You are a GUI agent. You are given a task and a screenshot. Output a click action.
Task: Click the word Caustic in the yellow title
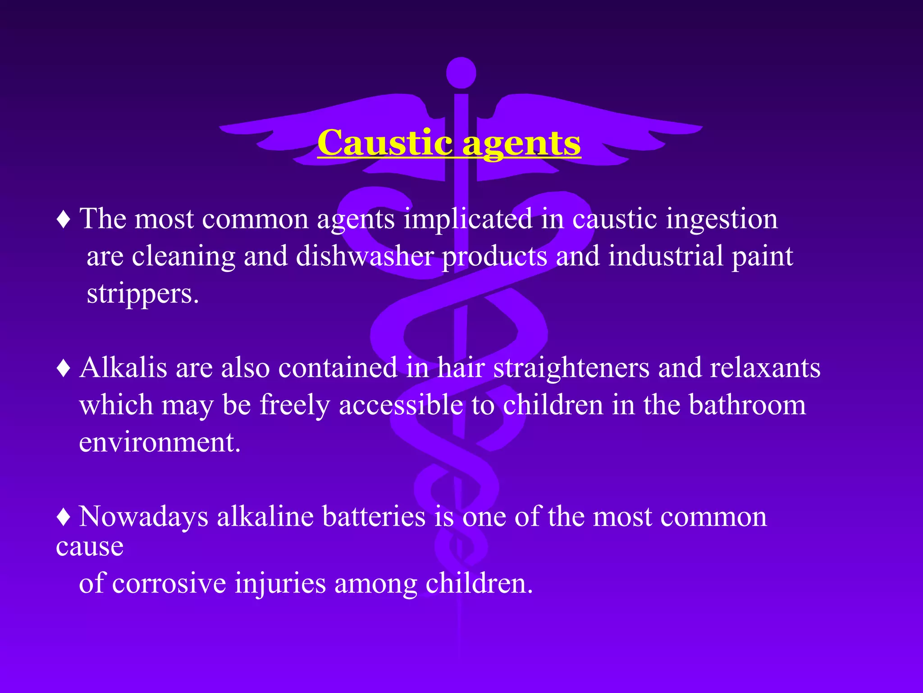384,143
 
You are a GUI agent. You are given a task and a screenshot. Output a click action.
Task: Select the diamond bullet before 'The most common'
64,220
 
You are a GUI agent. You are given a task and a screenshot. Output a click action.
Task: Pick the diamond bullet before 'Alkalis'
64,368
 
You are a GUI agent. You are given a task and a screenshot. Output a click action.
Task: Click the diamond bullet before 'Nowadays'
64,517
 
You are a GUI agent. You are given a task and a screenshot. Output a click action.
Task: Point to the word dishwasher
365,256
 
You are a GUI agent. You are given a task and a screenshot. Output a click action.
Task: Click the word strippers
142,294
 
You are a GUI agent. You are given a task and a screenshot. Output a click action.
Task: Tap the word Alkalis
123,367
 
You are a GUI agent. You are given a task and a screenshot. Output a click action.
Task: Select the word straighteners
571,368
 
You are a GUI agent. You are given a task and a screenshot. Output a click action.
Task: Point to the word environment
160,442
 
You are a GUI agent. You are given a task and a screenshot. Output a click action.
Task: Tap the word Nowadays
143,517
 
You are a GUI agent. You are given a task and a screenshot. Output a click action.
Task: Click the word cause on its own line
90,547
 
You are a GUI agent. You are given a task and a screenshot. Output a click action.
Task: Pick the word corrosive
169,583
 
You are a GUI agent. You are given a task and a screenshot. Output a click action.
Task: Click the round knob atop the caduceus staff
461,73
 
